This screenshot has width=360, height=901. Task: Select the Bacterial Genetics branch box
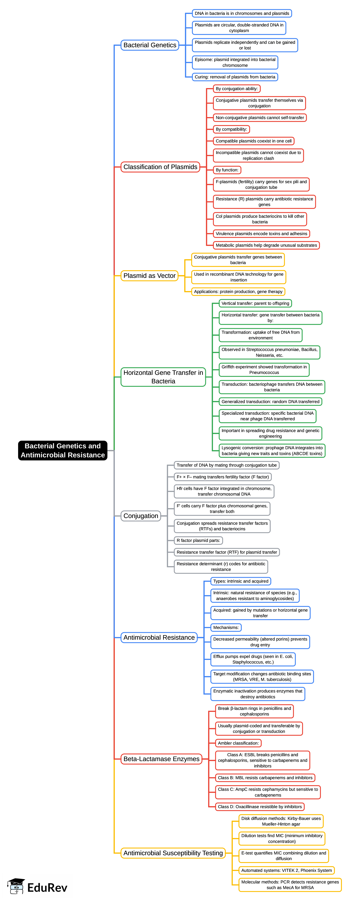[150, 45]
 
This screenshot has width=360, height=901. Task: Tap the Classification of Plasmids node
[160, 167]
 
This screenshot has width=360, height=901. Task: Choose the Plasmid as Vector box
[149, 276]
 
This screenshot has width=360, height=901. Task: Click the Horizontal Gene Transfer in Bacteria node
[163, 377]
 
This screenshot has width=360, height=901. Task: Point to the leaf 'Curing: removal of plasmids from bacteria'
[235, 77]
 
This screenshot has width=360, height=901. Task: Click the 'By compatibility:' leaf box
[231, 129]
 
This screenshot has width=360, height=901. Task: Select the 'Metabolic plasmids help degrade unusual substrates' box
[266, 245]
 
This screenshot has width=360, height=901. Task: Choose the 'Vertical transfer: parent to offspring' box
[255, 303]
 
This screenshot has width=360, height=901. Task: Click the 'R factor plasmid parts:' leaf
[198, 540]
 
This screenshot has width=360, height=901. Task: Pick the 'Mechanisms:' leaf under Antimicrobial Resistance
[226, 628]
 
